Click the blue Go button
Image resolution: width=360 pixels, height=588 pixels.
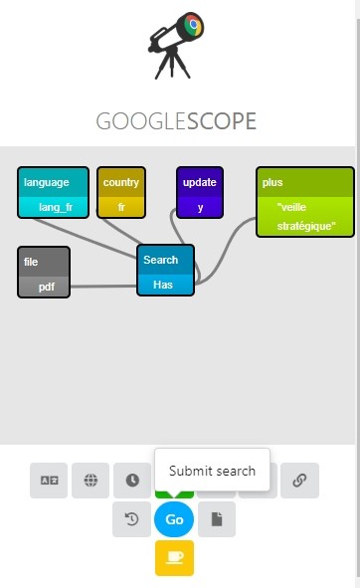point(174,519)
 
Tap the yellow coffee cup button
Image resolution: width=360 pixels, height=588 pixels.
point(174,558)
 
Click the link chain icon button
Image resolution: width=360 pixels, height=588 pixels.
point(299,481)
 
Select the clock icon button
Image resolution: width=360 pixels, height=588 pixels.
point(132,481)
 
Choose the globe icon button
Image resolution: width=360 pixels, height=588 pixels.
point(90,481)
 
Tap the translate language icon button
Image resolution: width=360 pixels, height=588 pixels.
point(49,481)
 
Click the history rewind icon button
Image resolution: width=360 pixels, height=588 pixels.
point(131,519)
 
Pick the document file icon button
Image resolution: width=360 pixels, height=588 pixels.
point(217,519)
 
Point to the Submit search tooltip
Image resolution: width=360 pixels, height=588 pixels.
point(212,470)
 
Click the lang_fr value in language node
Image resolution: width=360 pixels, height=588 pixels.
point(56,207)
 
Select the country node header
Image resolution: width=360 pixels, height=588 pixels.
point(121,182)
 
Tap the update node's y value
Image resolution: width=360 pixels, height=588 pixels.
point(200,207)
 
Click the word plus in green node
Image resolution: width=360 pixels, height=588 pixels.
point(272,183)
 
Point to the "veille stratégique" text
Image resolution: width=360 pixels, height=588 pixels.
point(306,217)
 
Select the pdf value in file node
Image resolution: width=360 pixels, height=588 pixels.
point(47,287)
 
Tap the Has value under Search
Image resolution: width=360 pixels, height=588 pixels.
point(163,285)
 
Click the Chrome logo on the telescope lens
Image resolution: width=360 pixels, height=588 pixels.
point(193,24)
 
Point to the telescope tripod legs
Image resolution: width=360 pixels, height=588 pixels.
point(172,63)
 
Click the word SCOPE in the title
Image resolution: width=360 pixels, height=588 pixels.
point(222,121)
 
